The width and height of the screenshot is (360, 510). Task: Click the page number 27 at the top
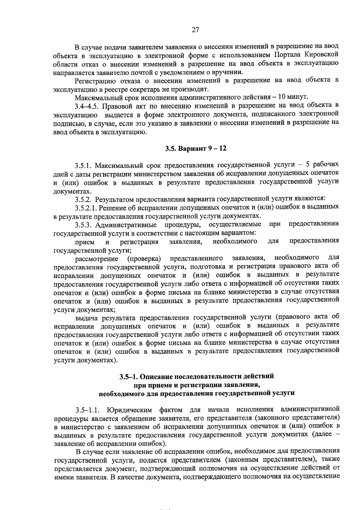pyautogui.click(x=195, y=30)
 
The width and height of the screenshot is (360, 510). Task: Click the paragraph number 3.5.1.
pyautogui.click(x=85, y=165)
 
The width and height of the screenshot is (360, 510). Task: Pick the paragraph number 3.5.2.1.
pyautogui.click(x=87, y=207)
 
